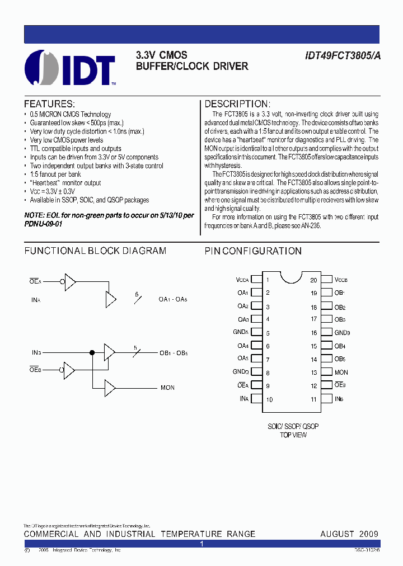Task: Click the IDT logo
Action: coord(70,68)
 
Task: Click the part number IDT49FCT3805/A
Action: coord(341,56)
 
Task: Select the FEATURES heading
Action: coord(49,104)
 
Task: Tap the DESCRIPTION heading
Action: coord(237,104)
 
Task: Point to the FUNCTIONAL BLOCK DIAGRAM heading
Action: coord(95,251)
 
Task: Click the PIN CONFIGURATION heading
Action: coord(253,251)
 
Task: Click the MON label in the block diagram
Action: coord(167,388)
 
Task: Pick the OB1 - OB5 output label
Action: coord(174,353)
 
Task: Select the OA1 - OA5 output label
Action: coord(172,300)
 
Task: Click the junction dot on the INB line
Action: coord(92,353)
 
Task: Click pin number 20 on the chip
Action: coord(313,280)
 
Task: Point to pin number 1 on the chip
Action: coord(268,280)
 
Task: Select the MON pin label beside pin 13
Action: coord(341,372)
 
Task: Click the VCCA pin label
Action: coord(242,280)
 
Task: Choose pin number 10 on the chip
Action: coord(269,399)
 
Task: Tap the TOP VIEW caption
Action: coord(293,435)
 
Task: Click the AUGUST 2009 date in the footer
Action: coord(349,534)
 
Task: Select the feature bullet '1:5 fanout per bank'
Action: coord(55,174)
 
